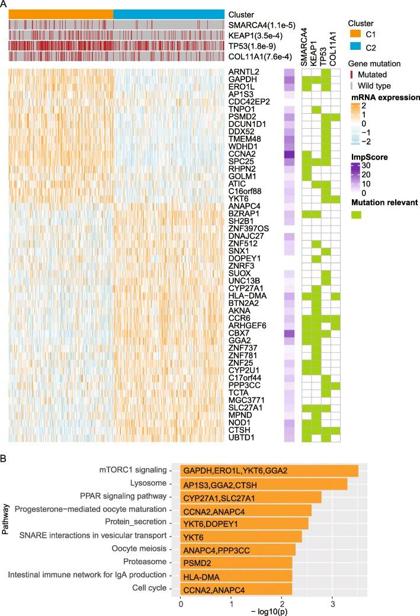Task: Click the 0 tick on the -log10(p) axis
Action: pos(181,593)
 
